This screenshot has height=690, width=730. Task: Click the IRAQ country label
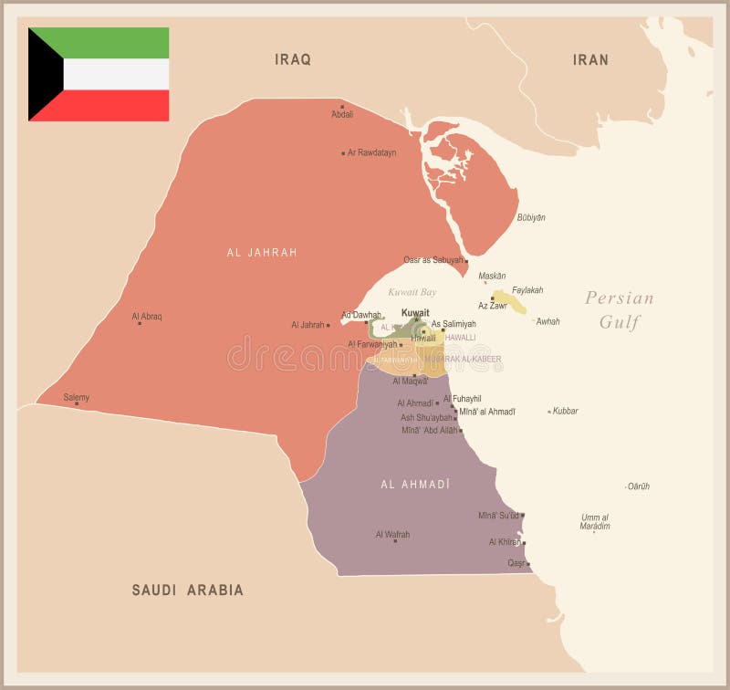point(293,59)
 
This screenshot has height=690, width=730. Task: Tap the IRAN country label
point(590,59)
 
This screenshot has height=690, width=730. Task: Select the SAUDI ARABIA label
point(188,590)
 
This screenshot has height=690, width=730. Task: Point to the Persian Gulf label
point(620,309)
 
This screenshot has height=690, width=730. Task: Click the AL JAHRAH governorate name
point(262,252)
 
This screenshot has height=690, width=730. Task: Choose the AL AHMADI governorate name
point(415,484)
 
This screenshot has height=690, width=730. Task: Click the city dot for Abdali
point(342,106)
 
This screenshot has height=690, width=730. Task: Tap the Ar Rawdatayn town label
point(371,152)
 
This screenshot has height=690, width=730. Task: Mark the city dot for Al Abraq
point(140,323)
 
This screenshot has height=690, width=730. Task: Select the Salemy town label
point(77,397)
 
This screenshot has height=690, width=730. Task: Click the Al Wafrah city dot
point(395,541)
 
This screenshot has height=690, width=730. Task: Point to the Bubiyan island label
point(531,217)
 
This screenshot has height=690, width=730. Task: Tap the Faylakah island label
point(527,290)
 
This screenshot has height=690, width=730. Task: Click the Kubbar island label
point(566,411)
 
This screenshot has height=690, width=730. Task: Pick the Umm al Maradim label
point(595,521)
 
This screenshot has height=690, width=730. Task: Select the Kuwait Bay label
point(412,292)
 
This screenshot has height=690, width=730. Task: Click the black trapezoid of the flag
point(42,74)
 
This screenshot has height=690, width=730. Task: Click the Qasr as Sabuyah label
point(433,260)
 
